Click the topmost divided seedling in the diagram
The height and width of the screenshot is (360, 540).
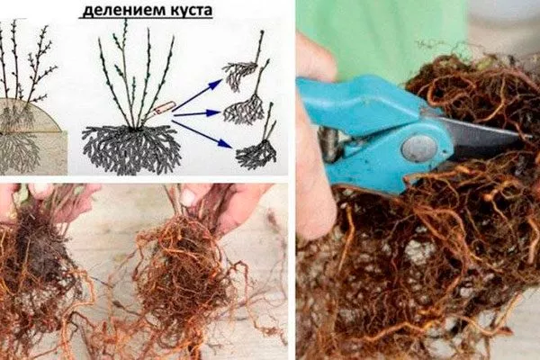coord(242,72)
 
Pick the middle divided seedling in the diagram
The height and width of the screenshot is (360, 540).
coord(245,106)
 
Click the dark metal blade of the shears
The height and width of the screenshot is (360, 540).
coord(486,135)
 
